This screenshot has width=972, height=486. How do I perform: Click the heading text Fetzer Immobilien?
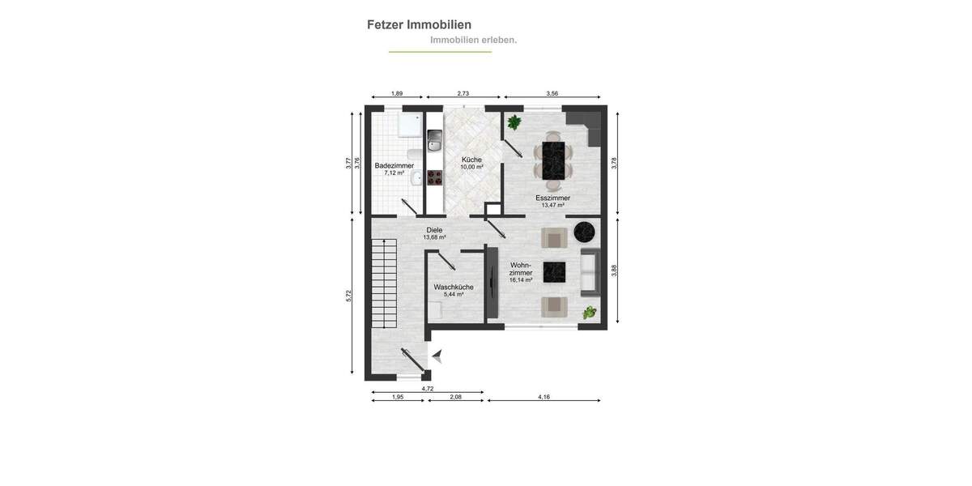tap(419, 24)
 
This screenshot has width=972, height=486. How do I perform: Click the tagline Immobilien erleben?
tap(473, 40)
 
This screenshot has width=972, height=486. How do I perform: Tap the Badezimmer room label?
tap(394, 166)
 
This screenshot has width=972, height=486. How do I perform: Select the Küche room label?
tap(471, 160)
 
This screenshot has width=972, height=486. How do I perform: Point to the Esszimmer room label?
tap(552, 198)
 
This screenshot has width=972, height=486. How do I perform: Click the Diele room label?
tap(434, 230)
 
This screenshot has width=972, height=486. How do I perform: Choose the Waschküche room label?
tap(453, 288)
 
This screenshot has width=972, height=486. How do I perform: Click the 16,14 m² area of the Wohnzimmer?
tap(521, 280)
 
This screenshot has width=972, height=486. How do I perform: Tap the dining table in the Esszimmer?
tap(553, 160)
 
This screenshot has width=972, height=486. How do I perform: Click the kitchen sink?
tap(434, 146)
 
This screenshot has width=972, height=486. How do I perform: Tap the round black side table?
tap(584, 233)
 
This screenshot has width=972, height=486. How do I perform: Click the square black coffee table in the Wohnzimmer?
tap(554, 271)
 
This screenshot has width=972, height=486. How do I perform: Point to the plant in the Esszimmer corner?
tap(514, 122)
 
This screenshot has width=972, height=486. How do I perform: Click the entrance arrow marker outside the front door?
tap(437, 355)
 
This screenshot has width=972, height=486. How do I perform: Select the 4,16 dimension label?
tap(544, 397)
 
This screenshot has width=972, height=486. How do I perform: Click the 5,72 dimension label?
tap(349, 296)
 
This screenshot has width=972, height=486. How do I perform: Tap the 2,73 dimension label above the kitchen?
tap(463, 93)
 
